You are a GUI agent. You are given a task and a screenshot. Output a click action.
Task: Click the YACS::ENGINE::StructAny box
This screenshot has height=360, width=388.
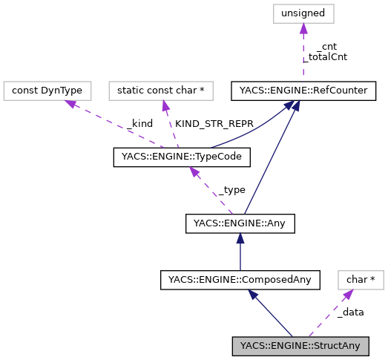coord(299,346)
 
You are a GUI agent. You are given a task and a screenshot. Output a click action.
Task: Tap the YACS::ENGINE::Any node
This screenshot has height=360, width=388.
coord(240,222)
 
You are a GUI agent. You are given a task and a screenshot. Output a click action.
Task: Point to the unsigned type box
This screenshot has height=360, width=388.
coord(302,13)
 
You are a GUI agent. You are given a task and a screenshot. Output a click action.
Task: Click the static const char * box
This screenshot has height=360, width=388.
coord(161,91)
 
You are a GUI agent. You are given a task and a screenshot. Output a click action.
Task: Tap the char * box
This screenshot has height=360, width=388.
coord(361,280)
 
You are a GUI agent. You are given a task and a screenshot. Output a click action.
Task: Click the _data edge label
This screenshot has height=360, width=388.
coord(350,312)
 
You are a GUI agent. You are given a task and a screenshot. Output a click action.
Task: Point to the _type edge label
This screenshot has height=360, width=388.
coord(231,189)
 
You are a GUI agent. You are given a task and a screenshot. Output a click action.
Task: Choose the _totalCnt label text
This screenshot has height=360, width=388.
coord(327,56)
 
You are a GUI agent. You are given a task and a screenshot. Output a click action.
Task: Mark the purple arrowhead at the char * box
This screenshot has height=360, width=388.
coord(345,294)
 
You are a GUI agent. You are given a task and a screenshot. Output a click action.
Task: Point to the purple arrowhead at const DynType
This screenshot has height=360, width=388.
coord(72,103)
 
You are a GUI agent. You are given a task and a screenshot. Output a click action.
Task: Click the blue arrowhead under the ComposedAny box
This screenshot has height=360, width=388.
coord(254,294)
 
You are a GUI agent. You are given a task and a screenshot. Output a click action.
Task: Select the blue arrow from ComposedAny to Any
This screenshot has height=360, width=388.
coord(240,252)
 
